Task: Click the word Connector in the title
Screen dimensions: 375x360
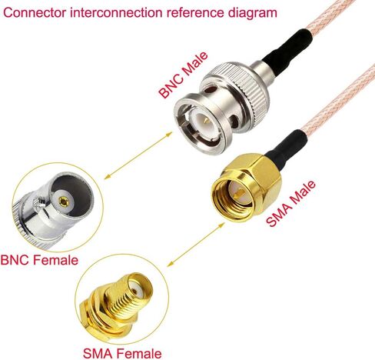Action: (x=35, y=13)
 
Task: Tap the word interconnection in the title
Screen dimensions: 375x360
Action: (x=118, y=13)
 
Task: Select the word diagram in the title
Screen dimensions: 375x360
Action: (x=253, y=13)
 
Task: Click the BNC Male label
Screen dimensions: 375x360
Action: (x=183, y=75)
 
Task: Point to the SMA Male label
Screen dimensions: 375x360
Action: (x=290, y=204)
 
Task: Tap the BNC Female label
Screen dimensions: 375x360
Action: (x=39, y=260)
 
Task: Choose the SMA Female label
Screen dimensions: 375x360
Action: (x=122, y=354)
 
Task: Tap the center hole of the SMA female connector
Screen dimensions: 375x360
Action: (x=134, y=291)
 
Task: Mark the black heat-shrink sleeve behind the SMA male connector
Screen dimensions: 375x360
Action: (x=286, y=150)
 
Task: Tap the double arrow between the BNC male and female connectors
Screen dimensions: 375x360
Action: (x=138, y=155)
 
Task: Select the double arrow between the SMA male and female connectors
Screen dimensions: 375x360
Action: (x=196, y=245)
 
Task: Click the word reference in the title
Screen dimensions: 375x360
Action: (x=196, y=13)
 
